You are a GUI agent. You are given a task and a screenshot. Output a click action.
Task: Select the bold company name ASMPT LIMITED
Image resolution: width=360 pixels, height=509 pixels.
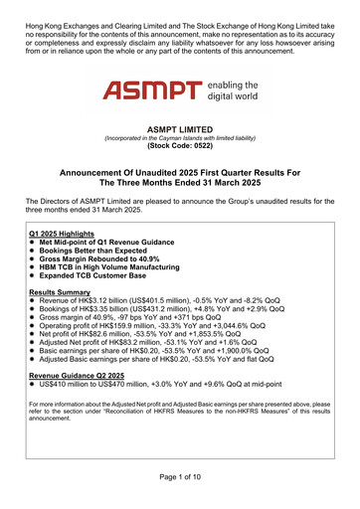click(x=180, y=128)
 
